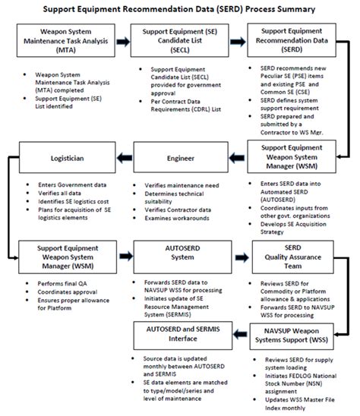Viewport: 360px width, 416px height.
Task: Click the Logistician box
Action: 57,158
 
